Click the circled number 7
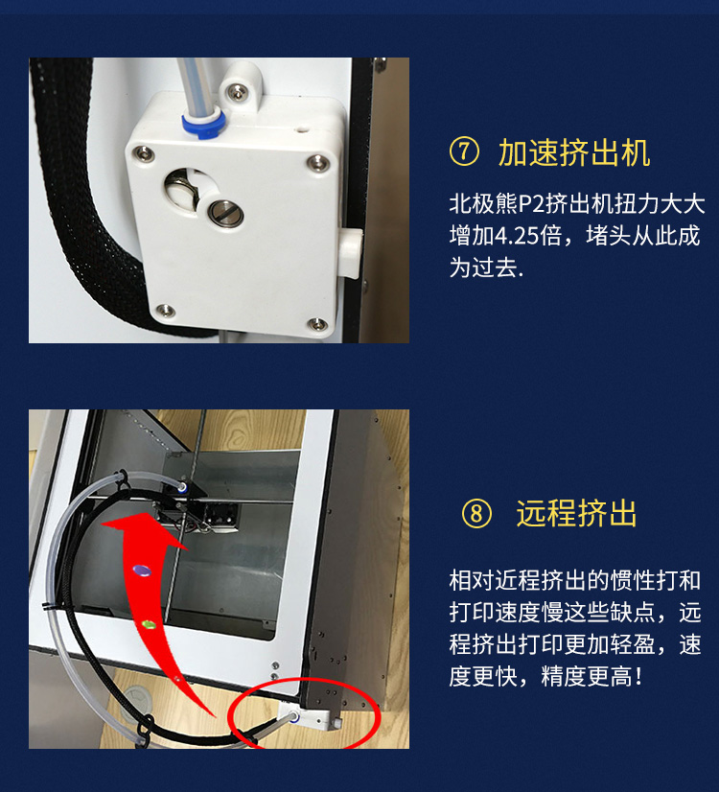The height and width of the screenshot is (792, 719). (x=464, y=152)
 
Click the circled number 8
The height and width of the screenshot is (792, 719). (x=476, y=514)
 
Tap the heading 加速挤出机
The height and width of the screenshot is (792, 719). (x=574, y=152)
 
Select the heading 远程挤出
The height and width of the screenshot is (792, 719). (x=576, y=514)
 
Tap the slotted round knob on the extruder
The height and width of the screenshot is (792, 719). (x=225, y=212)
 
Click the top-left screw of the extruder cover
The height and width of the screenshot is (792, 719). (x=146, y=154)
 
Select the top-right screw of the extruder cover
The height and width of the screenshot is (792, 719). (x=317, y=163)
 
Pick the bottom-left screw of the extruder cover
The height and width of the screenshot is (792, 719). (x=165, y=310)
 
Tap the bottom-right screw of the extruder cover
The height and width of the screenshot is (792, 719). (x=316, y=323)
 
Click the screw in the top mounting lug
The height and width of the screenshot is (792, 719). (x=236, y=91)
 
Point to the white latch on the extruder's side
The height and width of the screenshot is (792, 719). (x=351, y=253)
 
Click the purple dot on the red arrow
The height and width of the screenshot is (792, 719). (x=142, y=571)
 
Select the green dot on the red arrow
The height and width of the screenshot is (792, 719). (x=148, y=625)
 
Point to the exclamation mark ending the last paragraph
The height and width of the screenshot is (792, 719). (x=639, y=676)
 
